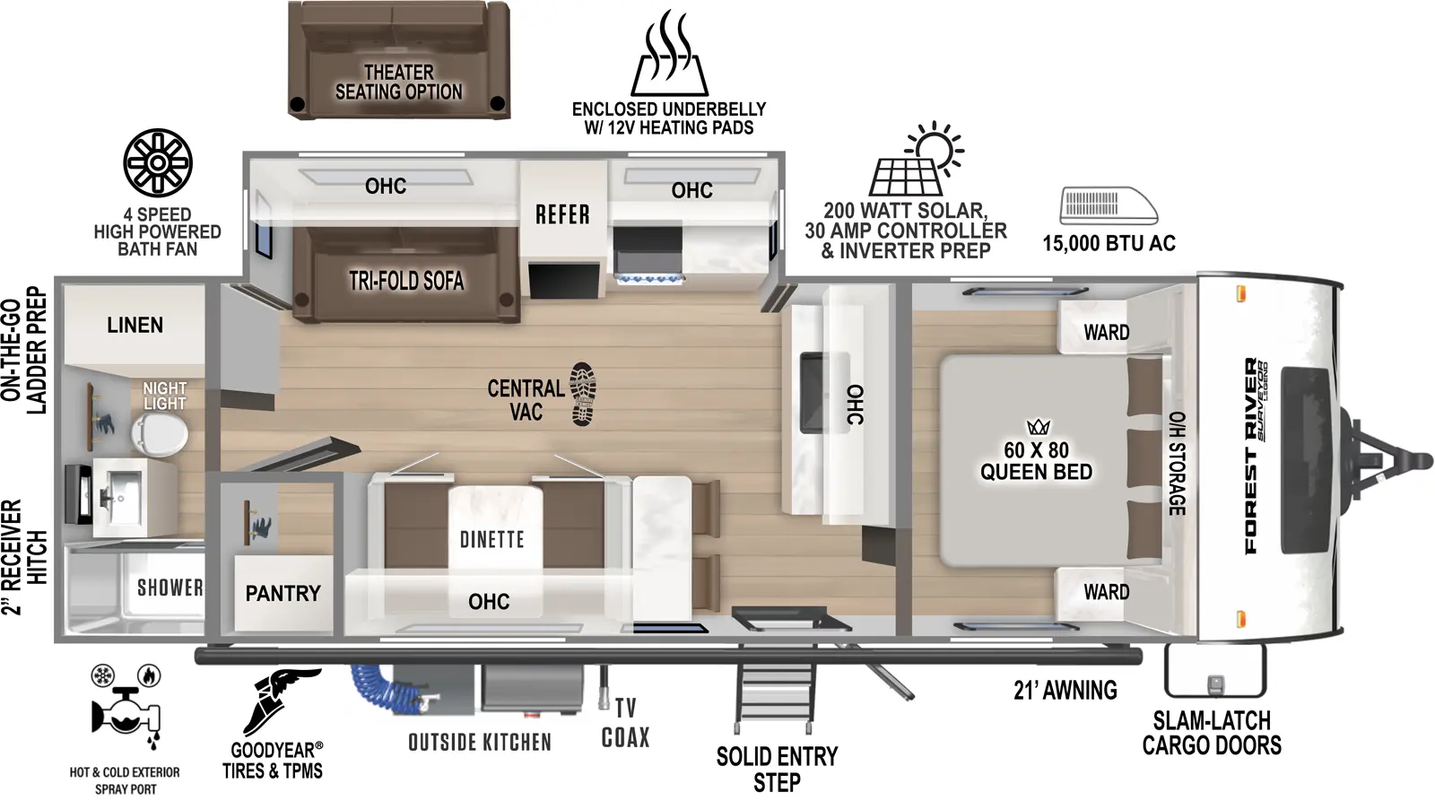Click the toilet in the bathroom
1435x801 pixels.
click(x=160, y=437)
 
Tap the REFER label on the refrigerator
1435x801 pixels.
click(x=562, y=215)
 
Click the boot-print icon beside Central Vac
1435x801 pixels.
click(x=583, y=394)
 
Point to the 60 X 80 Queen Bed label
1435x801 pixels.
click(x=1036, y=461)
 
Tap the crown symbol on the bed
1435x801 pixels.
click(x=1038, y=427)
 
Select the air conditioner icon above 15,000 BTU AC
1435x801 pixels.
click(x=1109, y=205)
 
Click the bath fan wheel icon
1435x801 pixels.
click(x=158, y=162)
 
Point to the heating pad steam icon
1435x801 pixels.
click(x=669, y=54)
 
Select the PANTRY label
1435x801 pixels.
click(x=283, y=593)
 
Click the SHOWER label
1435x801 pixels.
click(x=170, y=588)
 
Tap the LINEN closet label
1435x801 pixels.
click(x=135, y=325)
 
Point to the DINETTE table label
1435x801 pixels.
click(x=491, y=539)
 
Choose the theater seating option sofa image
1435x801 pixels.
click(x=399, y=60)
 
